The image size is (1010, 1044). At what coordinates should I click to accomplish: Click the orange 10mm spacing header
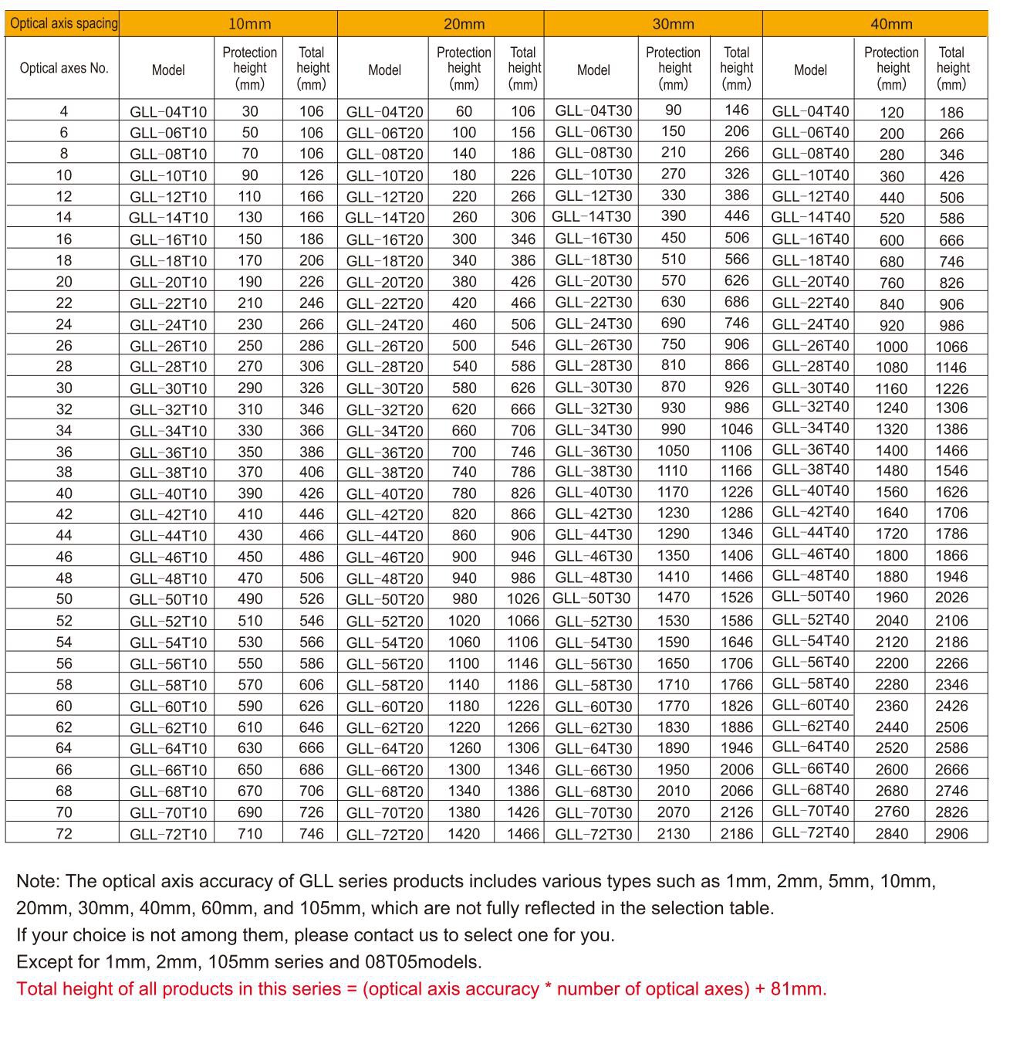pos(249,24)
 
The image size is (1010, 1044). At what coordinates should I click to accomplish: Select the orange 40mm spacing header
pos(891,24)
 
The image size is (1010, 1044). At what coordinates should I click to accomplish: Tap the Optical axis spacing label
pos(64,23)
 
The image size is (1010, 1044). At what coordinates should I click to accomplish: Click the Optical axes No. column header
pos(64,68)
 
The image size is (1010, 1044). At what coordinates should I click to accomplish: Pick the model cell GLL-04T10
pos(168,112)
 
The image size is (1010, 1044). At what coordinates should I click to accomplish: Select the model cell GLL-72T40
pos(810,832)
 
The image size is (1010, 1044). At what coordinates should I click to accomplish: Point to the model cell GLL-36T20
pos(384,453)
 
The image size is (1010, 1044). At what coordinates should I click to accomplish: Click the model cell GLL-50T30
pos(592,598)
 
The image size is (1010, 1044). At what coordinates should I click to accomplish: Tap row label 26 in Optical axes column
pos(64,345)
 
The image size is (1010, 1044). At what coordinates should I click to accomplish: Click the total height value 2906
pos(951,834)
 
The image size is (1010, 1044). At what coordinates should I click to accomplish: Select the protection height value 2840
pos(891,834)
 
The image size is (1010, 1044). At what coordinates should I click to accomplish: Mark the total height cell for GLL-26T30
pos(737,344)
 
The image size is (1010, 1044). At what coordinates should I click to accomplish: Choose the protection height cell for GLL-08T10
pos(249,154)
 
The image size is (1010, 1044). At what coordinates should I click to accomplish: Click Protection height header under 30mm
pos(673,68)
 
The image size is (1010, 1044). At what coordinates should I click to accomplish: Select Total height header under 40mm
pos(951,68)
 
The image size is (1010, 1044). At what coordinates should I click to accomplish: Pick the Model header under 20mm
pos(384,70)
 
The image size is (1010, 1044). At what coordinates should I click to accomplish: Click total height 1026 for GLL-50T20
pos(523,599)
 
